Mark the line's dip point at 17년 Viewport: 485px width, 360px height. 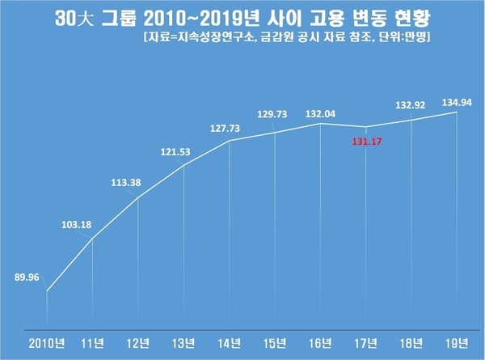tap(367, 128)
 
